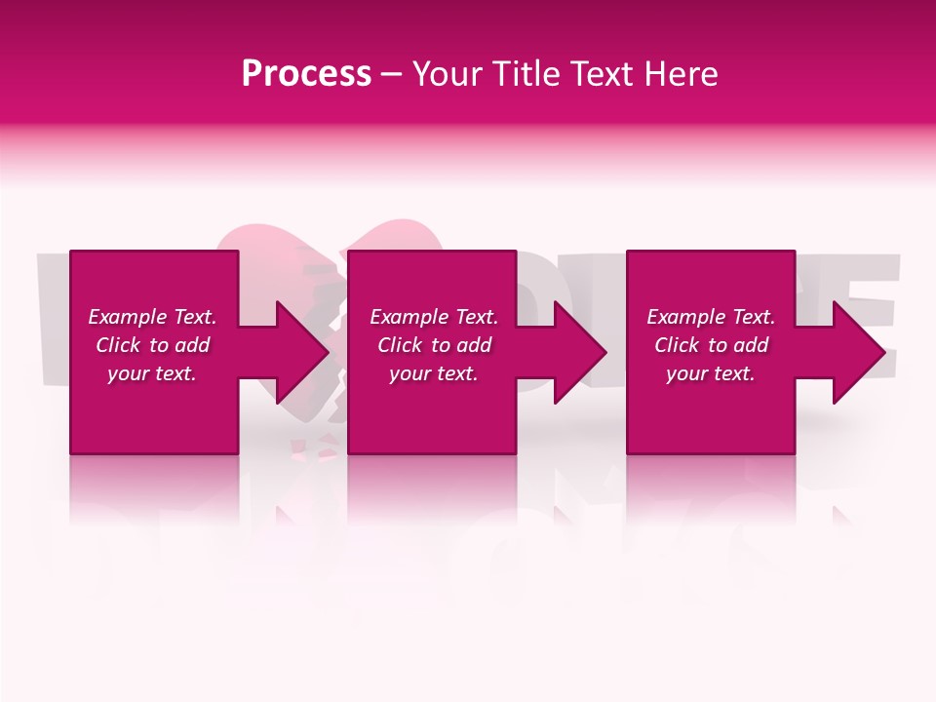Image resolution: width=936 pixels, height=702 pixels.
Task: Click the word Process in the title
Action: coord(306,74)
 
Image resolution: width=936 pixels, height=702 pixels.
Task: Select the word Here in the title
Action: coord(681,74)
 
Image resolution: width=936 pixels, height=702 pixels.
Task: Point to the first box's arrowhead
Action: coord(297,352)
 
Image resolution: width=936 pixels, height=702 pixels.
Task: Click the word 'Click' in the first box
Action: coord(118,345)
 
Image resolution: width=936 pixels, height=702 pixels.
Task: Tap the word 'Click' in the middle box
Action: coord(400,345)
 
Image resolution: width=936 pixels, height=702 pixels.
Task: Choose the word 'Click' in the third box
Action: coord(677,345)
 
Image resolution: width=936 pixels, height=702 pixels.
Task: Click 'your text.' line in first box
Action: coord(152,373)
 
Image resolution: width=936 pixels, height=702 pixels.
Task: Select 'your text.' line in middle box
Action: coord(434,373)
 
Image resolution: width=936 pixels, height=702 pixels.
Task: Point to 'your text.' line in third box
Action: coord(711,373)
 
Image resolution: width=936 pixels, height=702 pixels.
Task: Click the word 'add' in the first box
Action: coord(191,345)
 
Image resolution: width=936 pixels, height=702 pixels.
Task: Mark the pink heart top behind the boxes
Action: coord(292,239)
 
